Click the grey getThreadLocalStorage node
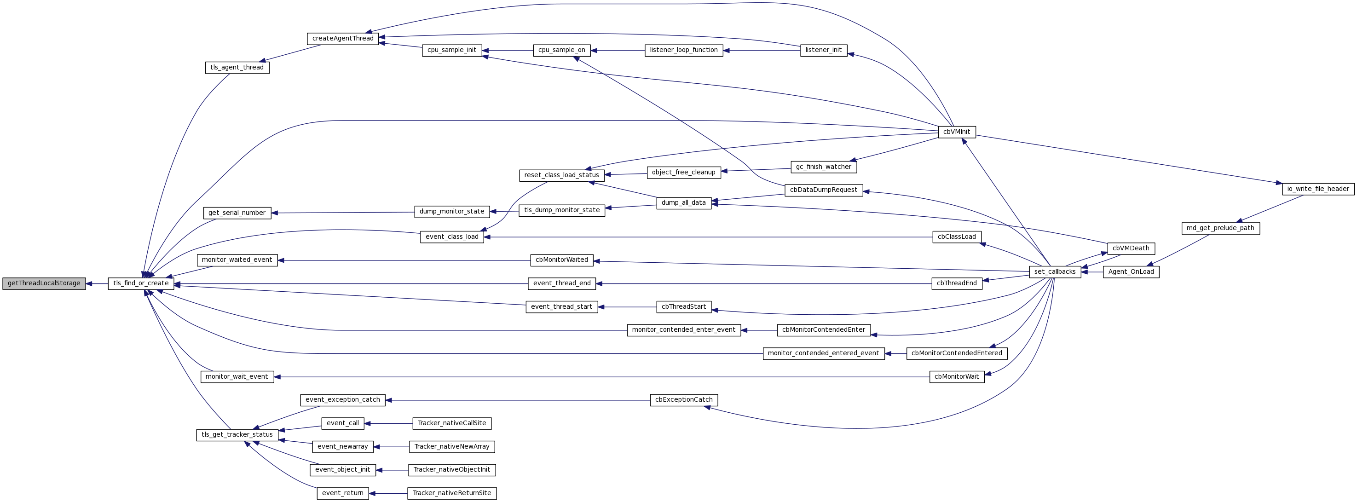point(44,283)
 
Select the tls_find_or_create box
point(141,283)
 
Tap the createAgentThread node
point(342,39)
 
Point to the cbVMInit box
point(957,132)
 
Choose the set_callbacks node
point(1055,272)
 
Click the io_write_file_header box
point(1317,189)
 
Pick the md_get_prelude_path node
point(1220,228)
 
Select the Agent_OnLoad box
point(1131,272)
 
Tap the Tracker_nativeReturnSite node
point(451,493)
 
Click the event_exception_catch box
point(342,400)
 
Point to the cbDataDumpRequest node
point(823,190)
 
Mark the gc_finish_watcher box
point(823,167)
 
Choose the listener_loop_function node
point(683,50)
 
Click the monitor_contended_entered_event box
point(823,353)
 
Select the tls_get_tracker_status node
point(237,434)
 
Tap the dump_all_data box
point(683,203)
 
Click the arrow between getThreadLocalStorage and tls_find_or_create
point(97,283)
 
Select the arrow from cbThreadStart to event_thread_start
point(627,306)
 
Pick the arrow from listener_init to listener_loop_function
point(762,51)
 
